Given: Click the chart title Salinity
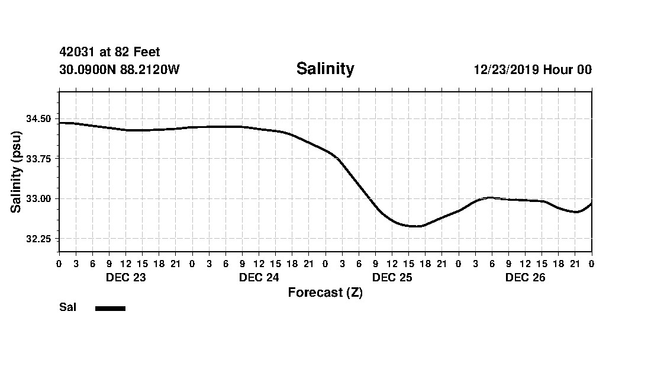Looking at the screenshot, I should click(x=325, y=69).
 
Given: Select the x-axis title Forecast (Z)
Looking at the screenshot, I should click(x=325, y=293).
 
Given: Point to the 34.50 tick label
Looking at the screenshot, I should click(x=38, y=119).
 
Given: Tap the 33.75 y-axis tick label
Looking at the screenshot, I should click(x=38, y=159).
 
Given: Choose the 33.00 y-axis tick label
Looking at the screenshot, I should click(x=38, y=199).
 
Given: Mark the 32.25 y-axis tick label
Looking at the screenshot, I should click(x=38, y=239).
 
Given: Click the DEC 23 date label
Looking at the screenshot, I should click(x=125, y=277).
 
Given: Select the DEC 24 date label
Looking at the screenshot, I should click(x=259, y=277).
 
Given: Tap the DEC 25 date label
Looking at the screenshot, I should click(x=392, y=277).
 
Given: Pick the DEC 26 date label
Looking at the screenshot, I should click(x=525, y=277).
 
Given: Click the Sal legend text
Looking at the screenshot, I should click(x=68, y=307).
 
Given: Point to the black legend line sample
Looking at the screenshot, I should click(x=110, y=308).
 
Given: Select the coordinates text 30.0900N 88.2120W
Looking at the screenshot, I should click(x=120, y=70).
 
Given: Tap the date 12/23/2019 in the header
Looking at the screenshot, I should click(x=506, y=70).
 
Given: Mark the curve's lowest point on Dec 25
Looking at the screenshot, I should click(x=414, y=226).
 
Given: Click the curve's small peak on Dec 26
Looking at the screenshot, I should click(x=489, y=197).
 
